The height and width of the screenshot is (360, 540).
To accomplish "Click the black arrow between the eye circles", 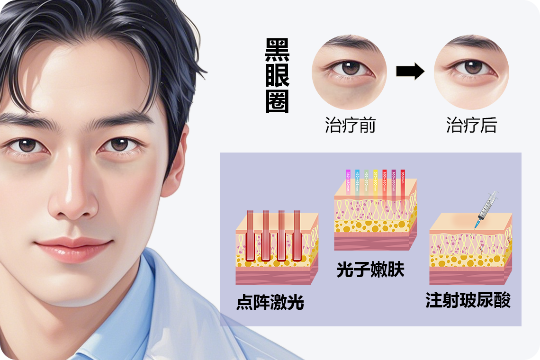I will [x=410, y=72].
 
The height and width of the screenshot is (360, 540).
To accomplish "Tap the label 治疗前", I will [x=350, y=125].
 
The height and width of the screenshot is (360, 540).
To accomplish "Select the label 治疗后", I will [x=471, y=125].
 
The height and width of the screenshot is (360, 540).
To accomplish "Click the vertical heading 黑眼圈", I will [x=277, y=76].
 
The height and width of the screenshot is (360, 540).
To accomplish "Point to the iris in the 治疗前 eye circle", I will [x=351, y=67].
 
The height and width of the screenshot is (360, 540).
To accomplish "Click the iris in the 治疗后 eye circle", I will [x=473, y=67].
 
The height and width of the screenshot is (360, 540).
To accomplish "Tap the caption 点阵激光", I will [x=270, y=302].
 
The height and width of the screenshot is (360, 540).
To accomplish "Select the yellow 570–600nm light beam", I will [x=376, y=182].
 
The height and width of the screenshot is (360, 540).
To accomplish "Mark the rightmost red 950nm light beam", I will [x=403, y=182].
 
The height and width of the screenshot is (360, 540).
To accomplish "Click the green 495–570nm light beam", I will [x=367, y=182].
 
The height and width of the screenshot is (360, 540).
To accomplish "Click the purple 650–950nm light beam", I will [x=394, y=182].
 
